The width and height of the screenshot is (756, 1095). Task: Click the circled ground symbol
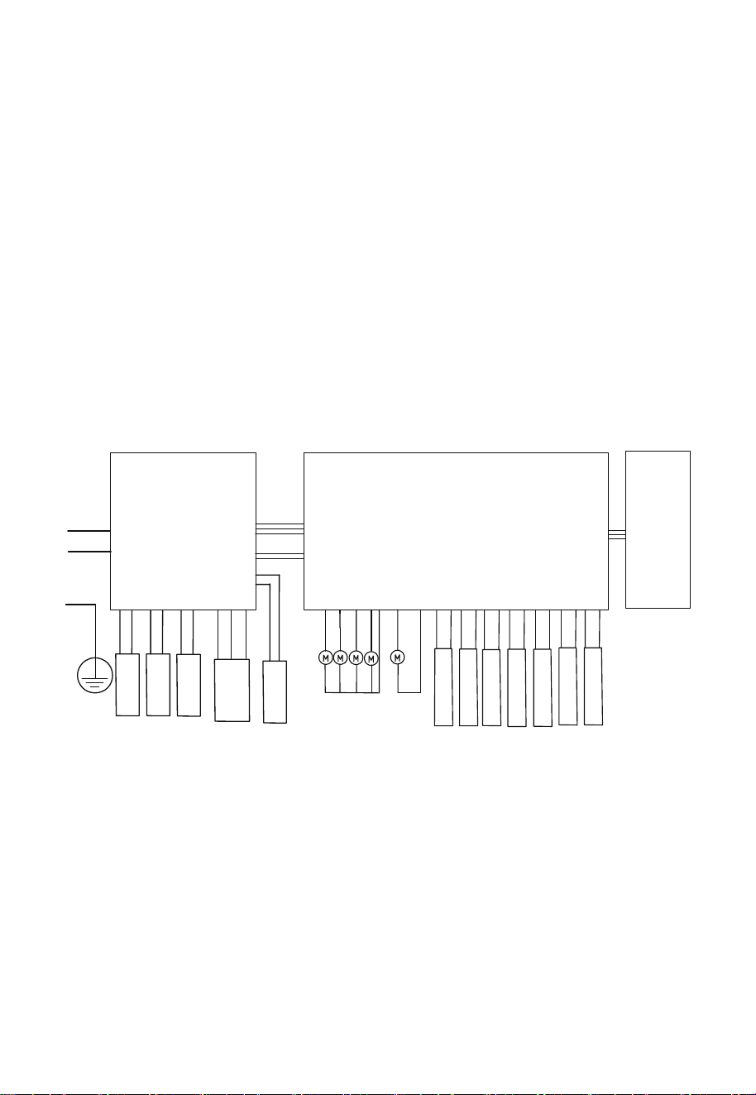(95, 675)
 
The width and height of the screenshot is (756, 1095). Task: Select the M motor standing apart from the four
(398, 658)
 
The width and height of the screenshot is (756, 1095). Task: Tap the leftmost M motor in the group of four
(326, 658)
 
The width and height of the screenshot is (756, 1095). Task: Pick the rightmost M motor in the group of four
(371, 658)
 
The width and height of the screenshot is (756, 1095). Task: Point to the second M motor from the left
(340, 658)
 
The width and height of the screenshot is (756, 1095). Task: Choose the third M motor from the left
(356, 658)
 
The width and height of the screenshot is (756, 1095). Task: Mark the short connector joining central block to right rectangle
(617, 535)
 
